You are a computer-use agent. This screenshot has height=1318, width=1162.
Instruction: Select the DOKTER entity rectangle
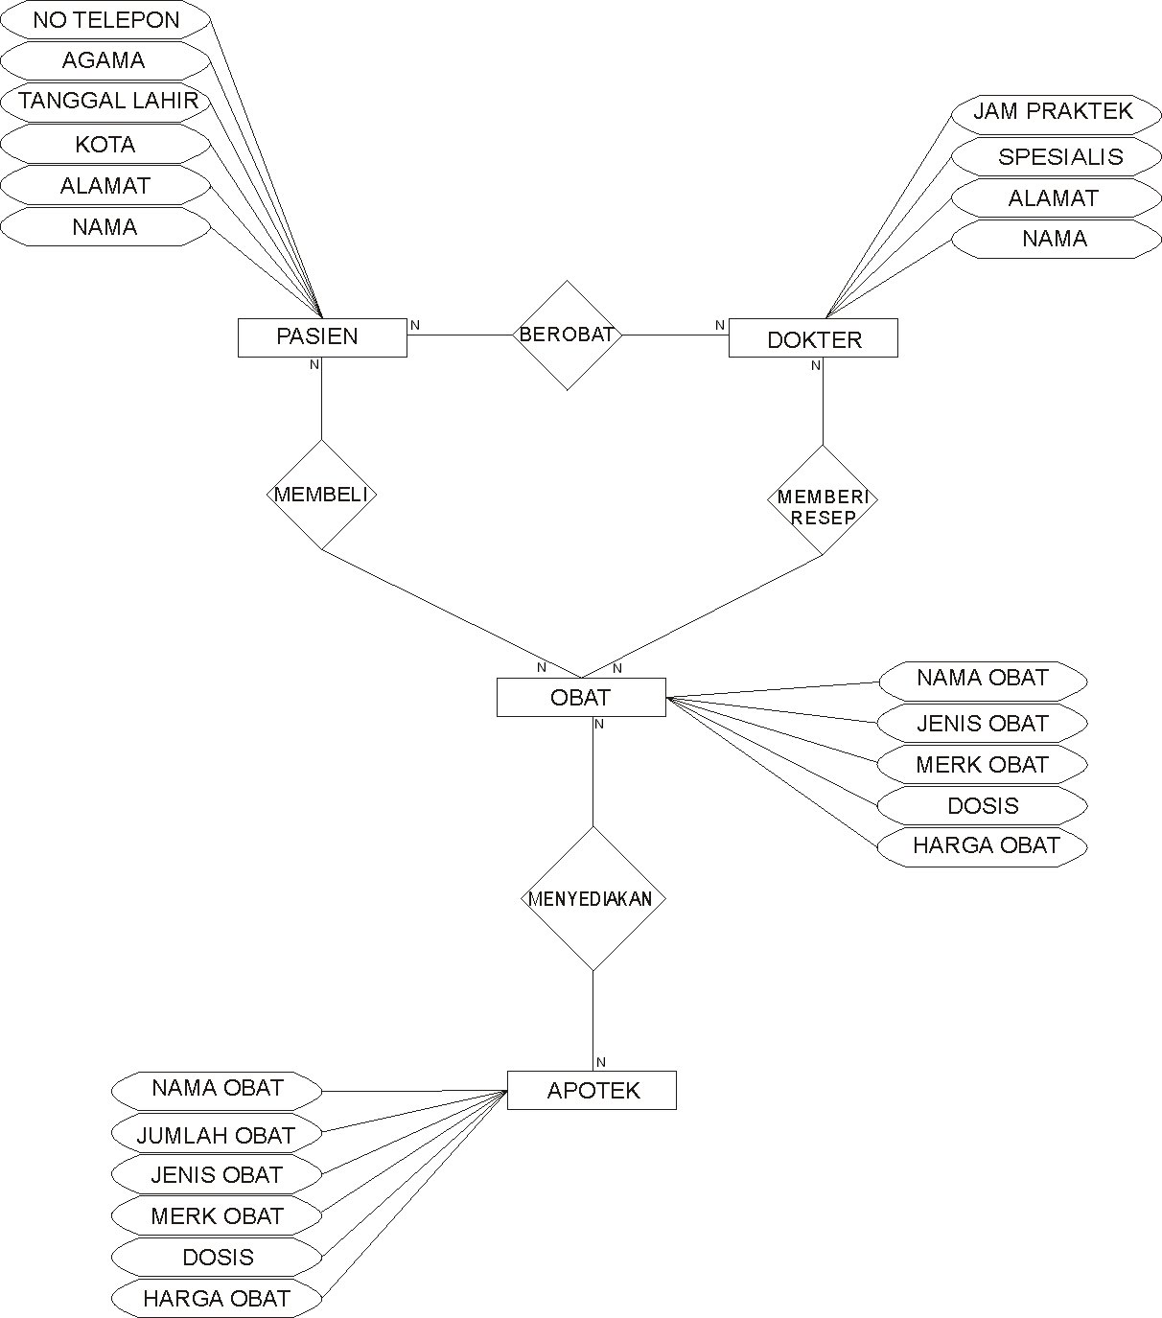pos(813,339)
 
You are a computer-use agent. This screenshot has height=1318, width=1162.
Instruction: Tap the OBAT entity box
pos(580,698)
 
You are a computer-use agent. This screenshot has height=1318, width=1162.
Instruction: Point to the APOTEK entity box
pos(592,1091)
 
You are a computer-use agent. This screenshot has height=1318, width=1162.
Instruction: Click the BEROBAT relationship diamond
pos(567,335)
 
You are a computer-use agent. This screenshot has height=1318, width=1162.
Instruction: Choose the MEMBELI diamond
pos(321,495)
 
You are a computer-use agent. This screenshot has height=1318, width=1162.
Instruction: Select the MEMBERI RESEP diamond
pos(823,499)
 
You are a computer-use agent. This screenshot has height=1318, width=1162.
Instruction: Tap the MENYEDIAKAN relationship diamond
pos(592,899)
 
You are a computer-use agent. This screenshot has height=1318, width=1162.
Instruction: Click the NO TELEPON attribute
pos(105,20)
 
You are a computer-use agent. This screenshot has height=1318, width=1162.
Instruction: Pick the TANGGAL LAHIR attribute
pos(105,102)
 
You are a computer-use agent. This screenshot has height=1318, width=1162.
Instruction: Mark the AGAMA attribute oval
pos(105,61)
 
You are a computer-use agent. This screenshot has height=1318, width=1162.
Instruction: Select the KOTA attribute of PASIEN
pos(105,145)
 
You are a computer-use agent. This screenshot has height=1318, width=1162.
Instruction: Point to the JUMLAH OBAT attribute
pos(216,1135)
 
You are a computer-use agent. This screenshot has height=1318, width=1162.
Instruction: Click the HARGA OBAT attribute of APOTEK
pos(216,1299)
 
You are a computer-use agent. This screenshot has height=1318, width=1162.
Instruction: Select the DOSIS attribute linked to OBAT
pos(983,806)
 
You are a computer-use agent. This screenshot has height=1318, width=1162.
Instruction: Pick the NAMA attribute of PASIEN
pos(105,227)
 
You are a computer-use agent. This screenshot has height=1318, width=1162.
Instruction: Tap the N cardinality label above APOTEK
pos(601,1062)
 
